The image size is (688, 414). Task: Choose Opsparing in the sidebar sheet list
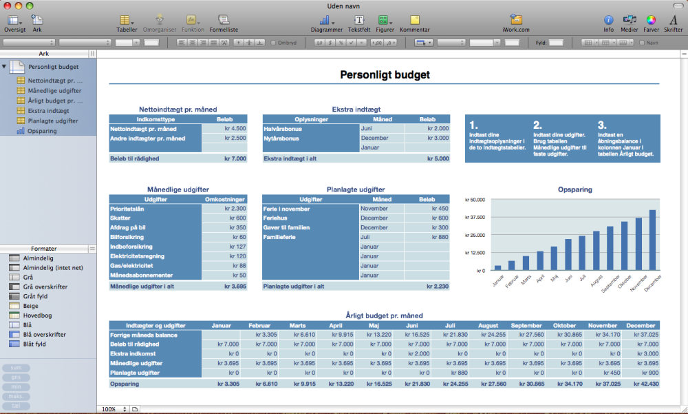pos(43,131)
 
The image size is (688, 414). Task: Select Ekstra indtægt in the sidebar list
pos(48,110)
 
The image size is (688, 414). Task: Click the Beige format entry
pos(31,305)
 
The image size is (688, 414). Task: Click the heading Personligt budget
pos(385,74)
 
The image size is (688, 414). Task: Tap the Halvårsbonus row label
pos(283,128)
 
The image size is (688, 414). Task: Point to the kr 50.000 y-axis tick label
pos(476,200)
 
